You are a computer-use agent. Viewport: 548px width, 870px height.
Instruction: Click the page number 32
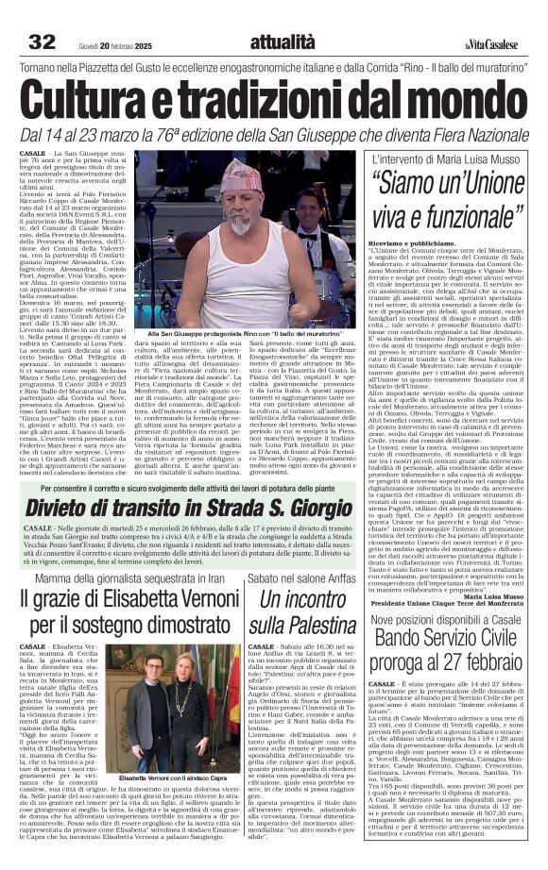[42, 42]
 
